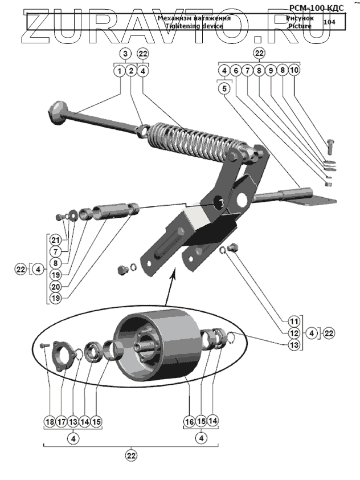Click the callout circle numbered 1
119,71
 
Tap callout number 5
224,88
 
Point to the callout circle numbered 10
294,71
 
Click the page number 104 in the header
329,22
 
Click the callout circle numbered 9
271,71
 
